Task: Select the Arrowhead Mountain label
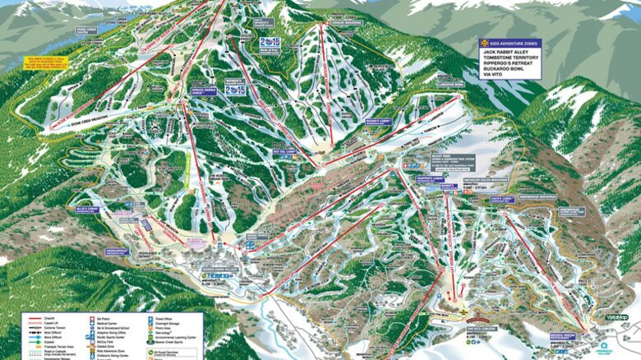[558, 198]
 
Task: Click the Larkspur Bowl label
[454, 107]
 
